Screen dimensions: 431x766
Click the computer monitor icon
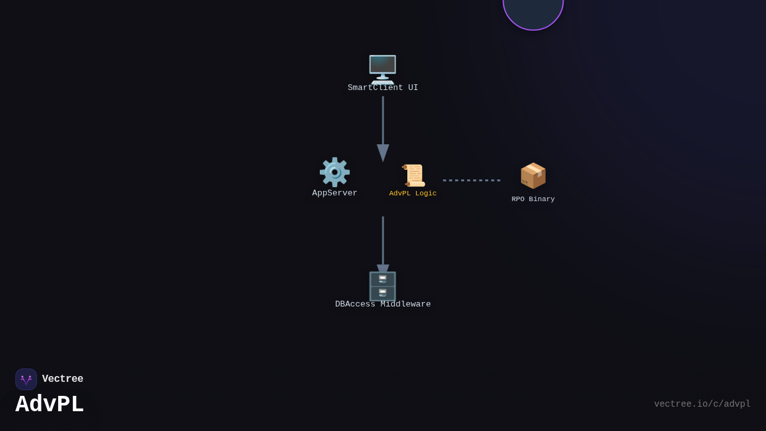tap(382, 68)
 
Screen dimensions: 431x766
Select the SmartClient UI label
tap(383, 88)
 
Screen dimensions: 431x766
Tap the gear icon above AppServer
tap(334, 172)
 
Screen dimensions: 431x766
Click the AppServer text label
tap(334, 193)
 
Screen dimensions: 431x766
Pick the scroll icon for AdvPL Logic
tap(413, 176)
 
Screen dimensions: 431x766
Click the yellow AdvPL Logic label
tap(413, 193)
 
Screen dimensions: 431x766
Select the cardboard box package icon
tap(533, 176)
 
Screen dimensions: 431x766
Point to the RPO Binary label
tap(533, 199)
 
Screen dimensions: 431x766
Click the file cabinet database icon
tap(382, 286)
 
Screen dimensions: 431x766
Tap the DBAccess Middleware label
tap(383, 305)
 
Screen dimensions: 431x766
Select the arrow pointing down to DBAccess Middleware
tap(383, 243)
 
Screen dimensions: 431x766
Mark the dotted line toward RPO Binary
tap(472, 180)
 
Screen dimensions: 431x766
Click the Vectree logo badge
tap(26, 379)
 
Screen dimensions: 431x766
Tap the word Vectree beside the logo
tap(63, 379)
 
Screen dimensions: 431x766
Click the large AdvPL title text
tap(50, 404)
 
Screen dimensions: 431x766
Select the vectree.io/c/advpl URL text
tap(702, 404)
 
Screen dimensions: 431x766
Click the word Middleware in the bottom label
tap(406, 305)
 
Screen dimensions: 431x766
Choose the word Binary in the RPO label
tap(542, 199)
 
